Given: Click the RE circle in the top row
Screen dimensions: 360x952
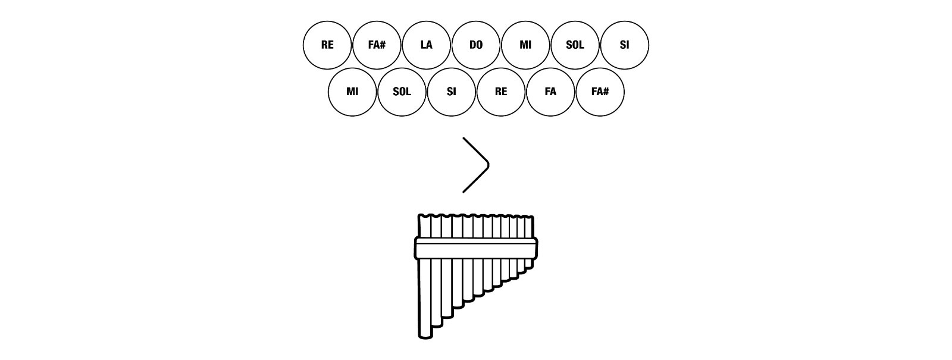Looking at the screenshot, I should [327, 45].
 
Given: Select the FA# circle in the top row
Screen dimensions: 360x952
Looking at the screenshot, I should [377, 45].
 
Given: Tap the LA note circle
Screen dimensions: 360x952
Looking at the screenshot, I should [426, 45].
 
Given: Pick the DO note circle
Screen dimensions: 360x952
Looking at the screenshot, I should [476, 45].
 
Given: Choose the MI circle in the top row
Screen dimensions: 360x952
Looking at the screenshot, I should [525, 45].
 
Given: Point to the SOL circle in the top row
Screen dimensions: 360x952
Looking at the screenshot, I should [575, 45].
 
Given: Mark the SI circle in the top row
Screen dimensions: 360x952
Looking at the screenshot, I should [624, 45].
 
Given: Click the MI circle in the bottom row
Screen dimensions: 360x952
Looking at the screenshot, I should [352, 92].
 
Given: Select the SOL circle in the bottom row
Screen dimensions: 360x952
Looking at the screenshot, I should [402, 92].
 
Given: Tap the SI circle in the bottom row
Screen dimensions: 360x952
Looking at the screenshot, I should [451, 92].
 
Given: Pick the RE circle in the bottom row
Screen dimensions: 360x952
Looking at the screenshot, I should [501, 92].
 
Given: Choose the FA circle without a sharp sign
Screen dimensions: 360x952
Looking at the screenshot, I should [550, 92].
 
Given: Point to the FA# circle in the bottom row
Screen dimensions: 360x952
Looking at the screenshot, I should [600, 92].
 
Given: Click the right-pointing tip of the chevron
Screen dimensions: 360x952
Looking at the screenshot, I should [488, 165].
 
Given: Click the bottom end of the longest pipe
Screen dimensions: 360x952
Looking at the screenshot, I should [425, 336].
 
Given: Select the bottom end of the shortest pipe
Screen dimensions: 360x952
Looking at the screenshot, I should [529, 267].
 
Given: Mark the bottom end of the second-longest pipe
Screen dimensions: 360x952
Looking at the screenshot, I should [437, 325].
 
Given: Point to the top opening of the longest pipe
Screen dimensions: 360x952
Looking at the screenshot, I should [424, 217].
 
